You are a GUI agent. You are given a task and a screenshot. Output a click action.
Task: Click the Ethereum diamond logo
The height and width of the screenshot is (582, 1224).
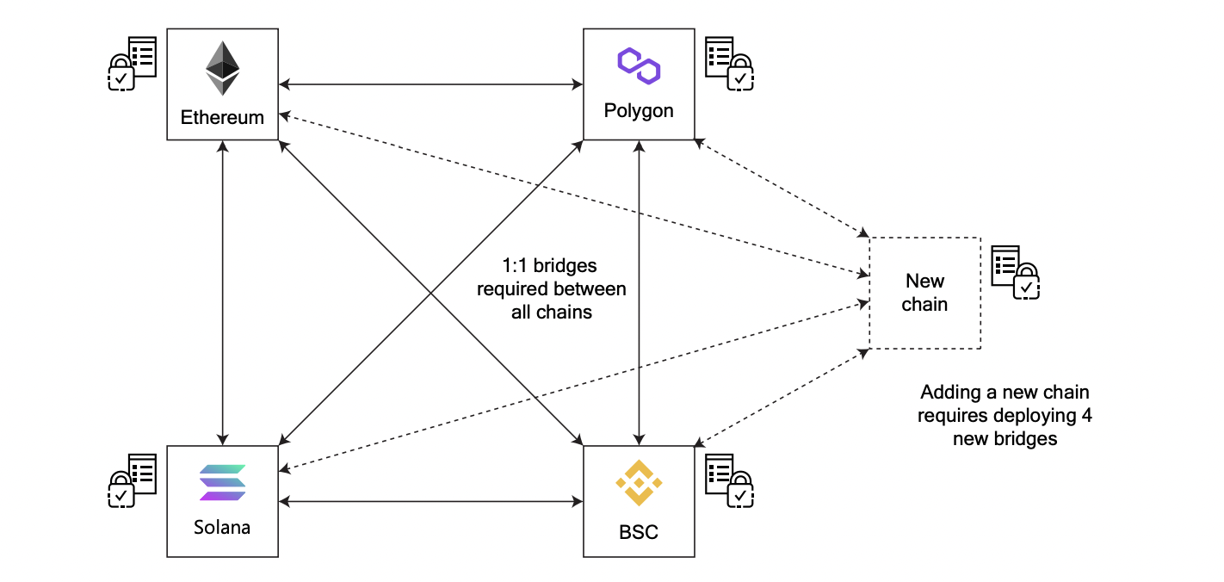pyautogui.click(x=222, y=69)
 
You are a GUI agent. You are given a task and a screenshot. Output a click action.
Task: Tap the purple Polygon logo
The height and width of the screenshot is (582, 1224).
pyautogui.click(x=639, y=65)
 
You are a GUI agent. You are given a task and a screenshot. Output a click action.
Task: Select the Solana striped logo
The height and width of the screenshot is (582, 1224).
pyautogui.click(x=222, y=483)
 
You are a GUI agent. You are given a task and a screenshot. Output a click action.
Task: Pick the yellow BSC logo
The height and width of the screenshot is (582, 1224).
pyautogui.click(x=639, y=483)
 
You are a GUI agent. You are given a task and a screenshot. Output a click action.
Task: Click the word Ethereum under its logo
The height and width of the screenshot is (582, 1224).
pyautogui.click(x=222, y=117)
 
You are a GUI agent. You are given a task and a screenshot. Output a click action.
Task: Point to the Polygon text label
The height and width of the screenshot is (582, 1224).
pyautogui.click(x=639, y=111)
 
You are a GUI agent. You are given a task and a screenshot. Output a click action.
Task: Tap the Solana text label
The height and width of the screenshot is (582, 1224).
pyautogui.click(x=222, y=527)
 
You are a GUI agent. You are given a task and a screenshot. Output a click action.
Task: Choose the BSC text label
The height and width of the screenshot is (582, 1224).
pyautogui.click(x=639, y=532)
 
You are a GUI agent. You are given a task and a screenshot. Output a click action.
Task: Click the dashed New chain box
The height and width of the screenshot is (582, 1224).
pyautogui.click(x=924, y=293)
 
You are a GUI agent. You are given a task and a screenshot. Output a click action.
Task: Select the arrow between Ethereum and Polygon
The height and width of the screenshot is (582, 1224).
pyautogui.click(x=430, y=84)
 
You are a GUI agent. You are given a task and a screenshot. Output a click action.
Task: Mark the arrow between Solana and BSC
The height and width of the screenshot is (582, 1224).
pyautogui.click(x=430, y=500)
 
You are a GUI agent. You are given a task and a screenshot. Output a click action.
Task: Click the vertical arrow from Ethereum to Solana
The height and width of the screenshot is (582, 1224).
pyautogui.click(x=223, y=293)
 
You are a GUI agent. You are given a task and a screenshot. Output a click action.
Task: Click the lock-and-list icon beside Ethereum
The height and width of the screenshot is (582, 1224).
pyautogui.click(x=132, y=63)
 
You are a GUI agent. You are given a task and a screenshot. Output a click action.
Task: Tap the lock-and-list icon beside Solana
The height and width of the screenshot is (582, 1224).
pyautogui.click(x=132, y=480)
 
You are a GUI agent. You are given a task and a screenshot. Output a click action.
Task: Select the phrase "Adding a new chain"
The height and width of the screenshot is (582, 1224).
pyautogui.click(x=1005, y=393)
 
